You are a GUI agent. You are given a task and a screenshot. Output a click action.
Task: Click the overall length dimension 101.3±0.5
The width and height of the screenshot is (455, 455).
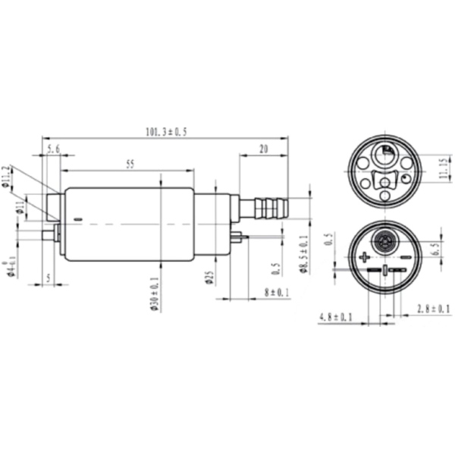[x=165, y=132]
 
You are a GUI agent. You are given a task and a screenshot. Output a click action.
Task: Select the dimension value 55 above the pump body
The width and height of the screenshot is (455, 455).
[x=130, y=164]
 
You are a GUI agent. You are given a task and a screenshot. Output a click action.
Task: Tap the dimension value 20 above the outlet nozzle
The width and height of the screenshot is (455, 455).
[x=263, y=149]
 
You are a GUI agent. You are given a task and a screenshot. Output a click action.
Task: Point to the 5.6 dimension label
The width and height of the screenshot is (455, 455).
[x=54, y=150]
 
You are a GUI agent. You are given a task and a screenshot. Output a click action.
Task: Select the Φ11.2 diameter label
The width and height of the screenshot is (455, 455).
[x=7, y=177]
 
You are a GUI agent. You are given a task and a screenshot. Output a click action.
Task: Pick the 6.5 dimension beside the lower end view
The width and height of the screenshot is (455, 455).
[x=435, y=248]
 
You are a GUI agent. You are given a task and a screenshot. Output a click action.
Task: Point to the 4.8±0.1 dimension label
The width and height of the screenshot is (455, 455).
[x=335, y=316]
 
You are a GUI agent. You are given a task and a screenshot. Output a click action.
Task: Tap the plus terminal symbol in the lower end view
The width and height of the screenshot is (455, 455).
[x=364, y=257]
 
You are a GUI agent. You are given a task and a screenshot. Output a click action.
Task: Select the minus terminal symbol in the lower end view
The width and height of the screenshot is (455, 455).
[x=406, y=257]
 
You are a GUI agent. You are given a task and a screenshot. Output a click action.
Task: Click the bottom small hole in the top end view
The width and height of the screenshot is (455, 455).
[x=385, y=197]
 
